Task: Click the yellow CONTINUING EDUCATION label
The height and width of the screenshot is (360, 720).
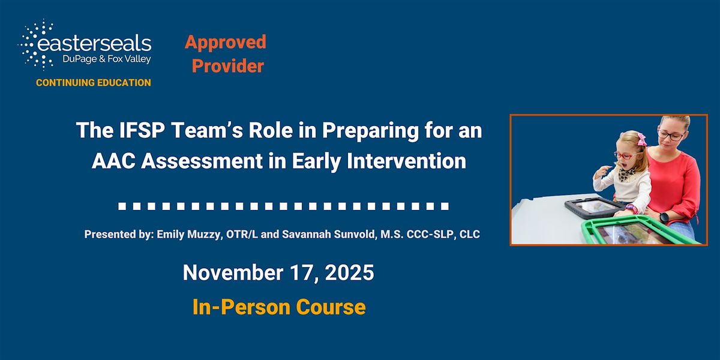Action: point(94,83)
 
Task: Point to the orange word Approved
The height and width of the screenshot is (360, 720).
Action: point(226,42)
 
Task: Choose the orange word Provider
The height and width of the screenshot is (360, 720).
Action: point(227,66)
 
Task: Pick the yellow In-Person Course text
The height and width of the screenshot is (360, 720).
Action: point(278,307)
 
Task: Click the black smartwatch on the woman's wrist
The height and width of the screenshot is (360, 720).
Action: point(664,216)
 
